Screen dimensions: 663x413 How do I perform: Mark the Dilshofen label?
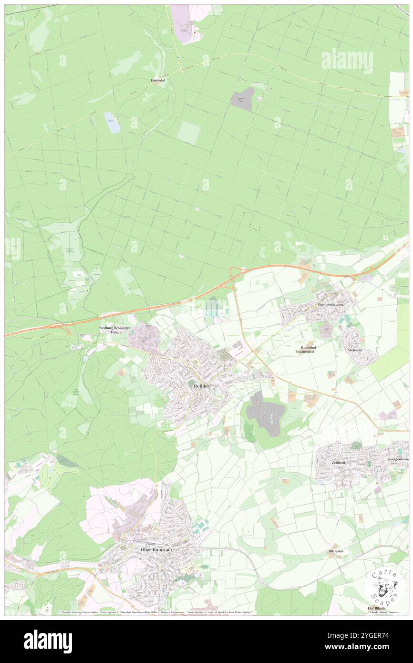click(x=336, y=551)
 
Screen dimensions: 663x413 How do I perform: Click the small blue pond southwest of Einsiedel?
click(x=113, y=123)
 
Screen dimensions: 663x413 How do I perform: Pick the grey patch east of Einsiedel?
click(x=243, y=99)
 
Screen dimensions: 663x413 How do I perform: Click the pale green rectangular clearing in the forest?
click(x=188, y=133)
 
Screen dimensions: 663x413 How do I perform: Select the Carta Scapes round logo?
click(x=384, y=586)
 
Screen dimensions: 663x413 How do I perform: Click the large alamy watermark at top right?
click(x=347, y=61)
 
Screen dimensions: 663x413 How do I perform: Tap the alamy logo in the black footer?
click(x=48, y=641)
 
